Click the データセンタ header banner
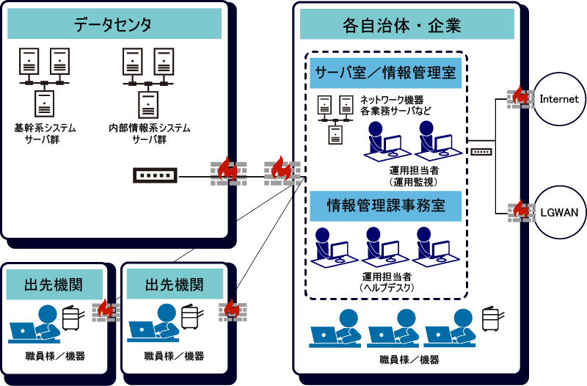click(x=114, y=24)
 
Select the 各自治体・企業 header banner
click(x=401, y=25)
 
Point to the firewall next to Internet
click(x=520, y=96)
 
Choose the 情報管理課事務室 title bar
click(x=385, y=206)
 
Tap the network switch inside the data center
click(x=156, y=176)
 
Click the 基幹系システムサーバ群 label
click(x=45, y=133)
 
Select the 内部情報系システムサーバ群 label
click(x=150, y=133)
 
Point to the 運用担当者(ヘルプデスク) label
click(x=387, y=283)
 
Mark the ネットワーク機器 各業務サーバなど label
click(x=395, y=105)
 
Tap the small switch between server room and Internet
click(x=481, y=152)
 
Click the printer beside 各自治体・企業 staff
click(x=491, y=320)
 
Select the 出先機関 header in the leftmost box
click(x=53, y=284)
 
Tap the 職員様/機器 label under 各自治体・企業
click(x=409, y=360)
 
